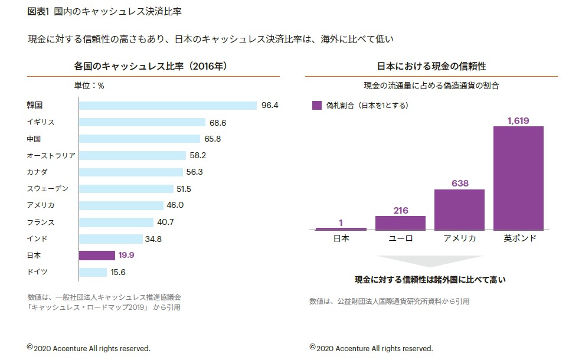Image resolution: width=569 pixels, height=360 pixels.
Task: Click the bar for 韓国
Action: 168,106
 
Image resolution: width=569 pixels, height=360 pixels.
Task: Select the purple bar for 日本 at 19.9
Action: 97,256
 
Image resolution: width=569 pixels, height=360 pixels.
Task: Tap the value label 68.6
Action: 218,122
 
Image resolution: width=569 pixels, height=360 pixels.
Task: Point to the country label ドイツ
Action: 37,272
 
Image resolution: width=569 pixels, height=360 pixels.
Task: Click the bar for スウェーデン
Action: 127,189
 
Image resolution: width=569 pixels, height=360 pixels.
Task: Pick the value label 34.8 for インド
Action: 153,239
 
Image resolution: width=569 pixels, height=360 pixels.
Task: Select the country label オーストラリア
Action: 51,156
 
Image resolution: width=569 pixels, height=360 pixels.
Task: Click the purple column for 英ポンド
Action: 518,178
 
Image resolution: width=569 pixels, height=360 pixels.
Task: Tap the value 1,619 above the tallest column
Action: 518,120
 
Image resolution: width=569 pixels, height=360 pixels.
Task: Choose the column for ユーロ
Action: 400,222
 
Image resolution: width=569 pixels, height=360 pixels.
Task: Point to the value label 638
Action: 460,184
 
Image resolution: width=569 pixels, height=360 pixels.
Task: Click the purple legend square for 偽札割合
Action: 316,106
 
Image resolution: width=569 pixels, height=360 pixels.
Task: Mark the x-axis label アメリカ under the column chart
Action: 460,238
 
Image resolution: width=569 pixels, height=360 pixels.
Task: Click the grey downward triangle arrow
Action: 430,261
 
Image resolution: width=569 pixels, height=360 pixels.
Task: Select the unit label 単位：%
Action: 89,86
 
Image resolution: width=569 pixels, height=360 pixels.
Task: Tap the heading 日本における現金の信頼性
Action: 431,66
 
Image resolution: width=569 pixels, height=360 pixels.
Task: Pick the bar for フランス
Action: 117,222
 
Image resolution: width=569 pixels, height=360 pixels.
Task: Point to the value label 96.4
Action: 270,106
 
